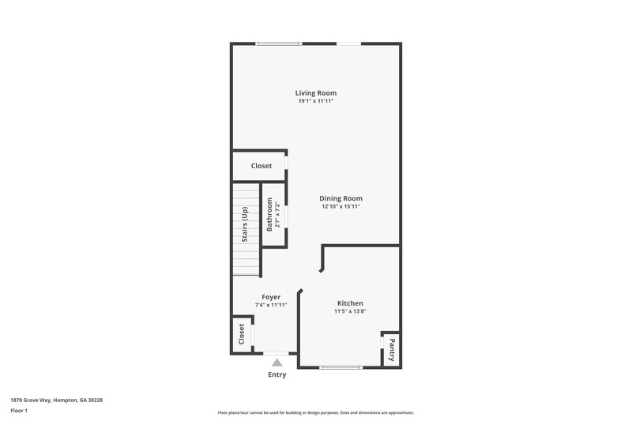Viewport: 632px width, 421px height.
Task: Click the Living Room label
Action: pos(316,93)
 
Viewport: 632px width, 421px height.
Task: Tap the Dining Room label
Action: pos(340,198)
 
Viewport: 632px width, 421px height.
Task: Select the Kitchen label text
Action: pos(350,303)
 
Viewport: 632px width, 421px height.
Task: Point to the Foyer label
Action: pos(271,297)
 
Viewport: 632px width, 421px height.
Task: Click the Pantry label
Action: pos(391,348)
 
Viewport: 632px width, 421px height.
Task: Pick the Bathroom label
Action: pos(269,215)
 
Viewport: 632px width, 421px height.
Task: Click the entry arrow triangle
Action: pos(276,363)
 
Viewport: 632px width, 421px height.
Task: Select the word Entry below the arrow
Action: pos(276,374)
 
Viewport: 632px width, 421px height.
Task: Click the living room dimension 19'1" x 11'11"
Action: pos(316,101)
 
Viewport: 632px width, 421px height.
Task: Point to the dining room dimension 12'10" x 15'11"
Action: pos(340,206)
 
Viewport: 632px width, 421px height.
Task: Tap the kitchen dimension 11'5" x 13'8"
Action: pos(350,311)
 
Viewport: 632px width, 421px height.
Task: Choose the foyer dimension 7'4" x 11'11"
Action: pos(271,305)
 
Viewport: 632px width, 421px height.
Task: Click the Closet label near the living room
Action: pos(261,166)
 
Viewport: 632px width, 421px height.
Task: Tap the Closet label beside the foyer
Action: pos(242,335)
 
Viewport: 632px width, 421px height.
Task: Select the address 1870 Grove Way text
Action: pos(56,400)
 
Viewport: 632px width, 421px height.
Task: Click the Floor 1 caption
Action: pos(20,412)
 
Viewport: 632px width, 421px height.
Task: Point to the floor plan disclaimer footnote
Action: pos(316,412)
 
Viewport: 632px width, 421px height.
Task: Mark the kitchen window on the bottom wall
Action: pos(341,367)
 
